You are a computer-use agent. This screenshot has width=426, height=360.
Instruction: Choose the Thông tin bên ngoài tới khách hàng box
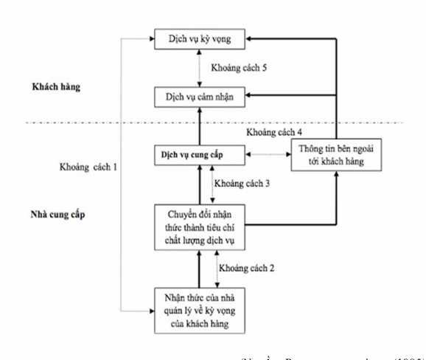click(337, 155)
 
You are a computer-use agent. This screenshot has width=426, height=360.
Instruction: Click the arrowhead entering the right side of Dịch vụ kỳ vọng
click(250, 38)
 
